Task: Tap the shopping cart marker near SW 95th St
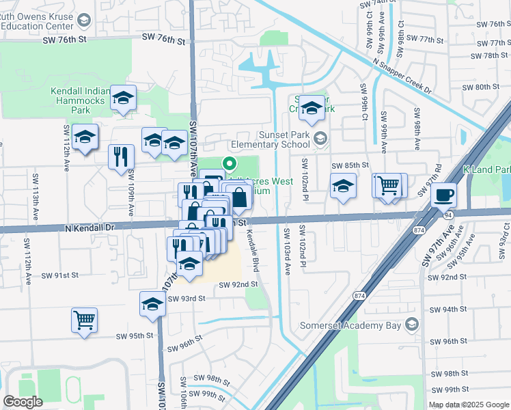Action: [x=84, y=318]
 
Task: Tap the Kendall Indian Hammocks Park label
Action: [x=80, y=100]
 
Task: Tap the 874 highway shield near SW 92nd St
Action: [x=359, y=295]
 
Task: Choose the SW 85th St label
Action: [x=350, y=165]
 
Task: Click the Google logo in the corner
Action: [x=22, y=402]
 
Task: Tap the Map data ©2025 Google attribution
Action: [x=469, y=405]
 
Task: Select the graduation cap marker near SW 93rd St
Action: [x=152, y=303]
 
